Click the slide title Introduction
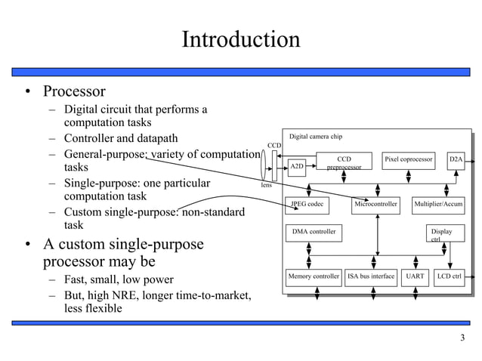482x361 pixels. [240, 39]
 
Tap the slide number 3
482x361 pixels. [462, 337]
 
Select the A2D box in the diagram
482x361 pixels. [297, 165]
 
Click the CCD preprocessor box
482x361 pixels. [344, 162]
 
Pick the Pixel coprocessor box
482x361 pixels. [409, 159]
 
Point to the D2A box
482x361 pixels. [456, 159]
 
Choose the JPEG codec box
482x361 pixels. [307, 205]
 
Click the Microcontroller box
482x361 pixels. [377, 205]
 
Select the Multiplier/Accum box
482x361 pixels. [438, 205]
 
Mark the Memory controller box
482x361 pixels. [314, 276]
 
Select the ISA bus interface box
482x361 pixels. [371, 276]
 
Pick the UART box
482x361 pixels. [415, 276]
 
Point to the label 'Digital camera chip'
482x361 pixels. [317, 137]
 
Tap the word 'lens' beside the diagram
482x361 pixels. [267, 184]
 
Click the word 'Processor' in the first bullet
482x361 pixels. [74, 92]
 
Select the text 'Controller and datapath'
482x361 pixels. [121, 138]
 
